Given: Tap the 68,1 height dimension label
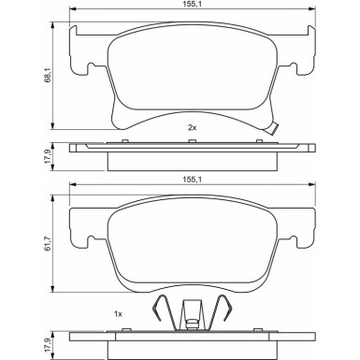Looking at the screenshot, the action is [47, 76].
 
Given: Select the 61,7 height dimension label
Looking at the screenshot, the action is [47, 244].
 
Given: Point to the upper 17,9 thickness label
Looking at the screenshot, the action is [47, 158].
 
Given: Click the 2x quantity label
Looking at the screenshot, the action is [192, 127].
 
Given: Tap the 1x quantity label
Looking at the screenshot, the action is [118, 314].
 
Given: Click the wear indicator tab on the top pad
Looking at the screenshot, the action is [272, 129].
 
